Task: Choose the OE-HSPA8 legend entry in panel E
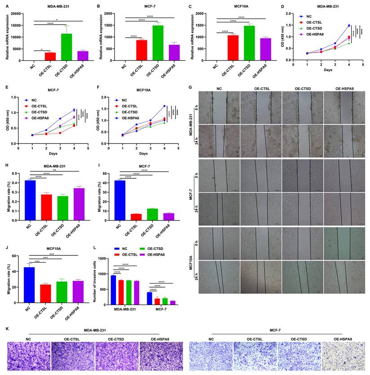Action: (x=43, y=118)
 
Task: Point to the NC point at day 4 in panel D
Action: (x=348, y=26)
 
